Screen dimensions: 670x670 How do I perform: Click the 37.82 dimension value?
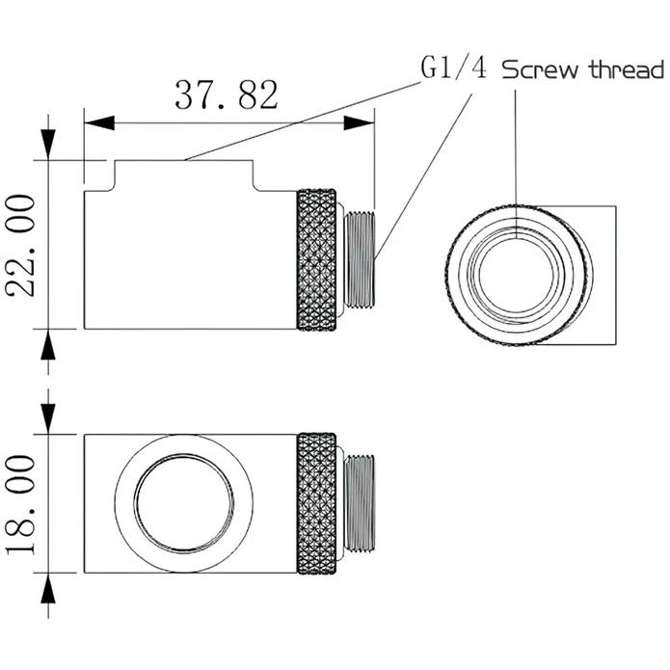pyautogui.click(x=227, y=94)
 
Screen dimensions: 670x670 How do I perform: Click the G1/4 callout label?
pyautogui.click(x=454, y=69)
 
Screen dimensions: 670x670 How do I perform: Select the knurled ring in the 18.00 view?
pyautogui.click(x=317, y=503)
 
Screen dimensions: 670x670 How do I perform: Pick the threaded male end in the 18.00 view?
pyautogui.click(x=359, y=503)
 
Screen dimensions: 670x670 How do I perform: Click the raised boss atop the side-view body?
pyautogui.click(x=184, y=174)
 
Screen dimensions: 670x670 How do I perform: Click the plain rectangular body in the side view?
pyautogui.click(x=188, y=260)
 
